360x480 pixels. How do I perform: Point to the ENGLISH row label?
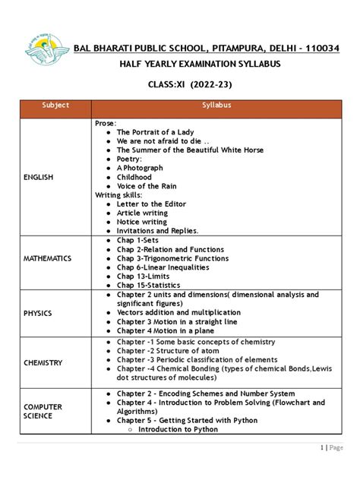[x=38, y=177]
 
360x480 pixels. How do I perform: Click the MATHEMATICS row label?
[x=47, y=258]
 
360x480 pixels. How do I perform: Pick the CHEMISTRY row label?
[x=43, y=362]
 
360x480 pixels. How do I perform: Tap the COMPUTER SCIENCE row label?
[x=43, y=412]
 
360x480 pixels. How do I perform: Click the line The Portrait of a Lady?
[x=155, y=132]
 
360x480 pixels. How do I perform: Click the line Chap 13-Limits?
[x=143, y=276]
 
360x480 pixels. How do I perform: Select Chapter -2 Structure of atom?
[x=167, y=352]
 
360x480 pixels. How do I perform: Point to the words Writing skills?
[x=118, y=195]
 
